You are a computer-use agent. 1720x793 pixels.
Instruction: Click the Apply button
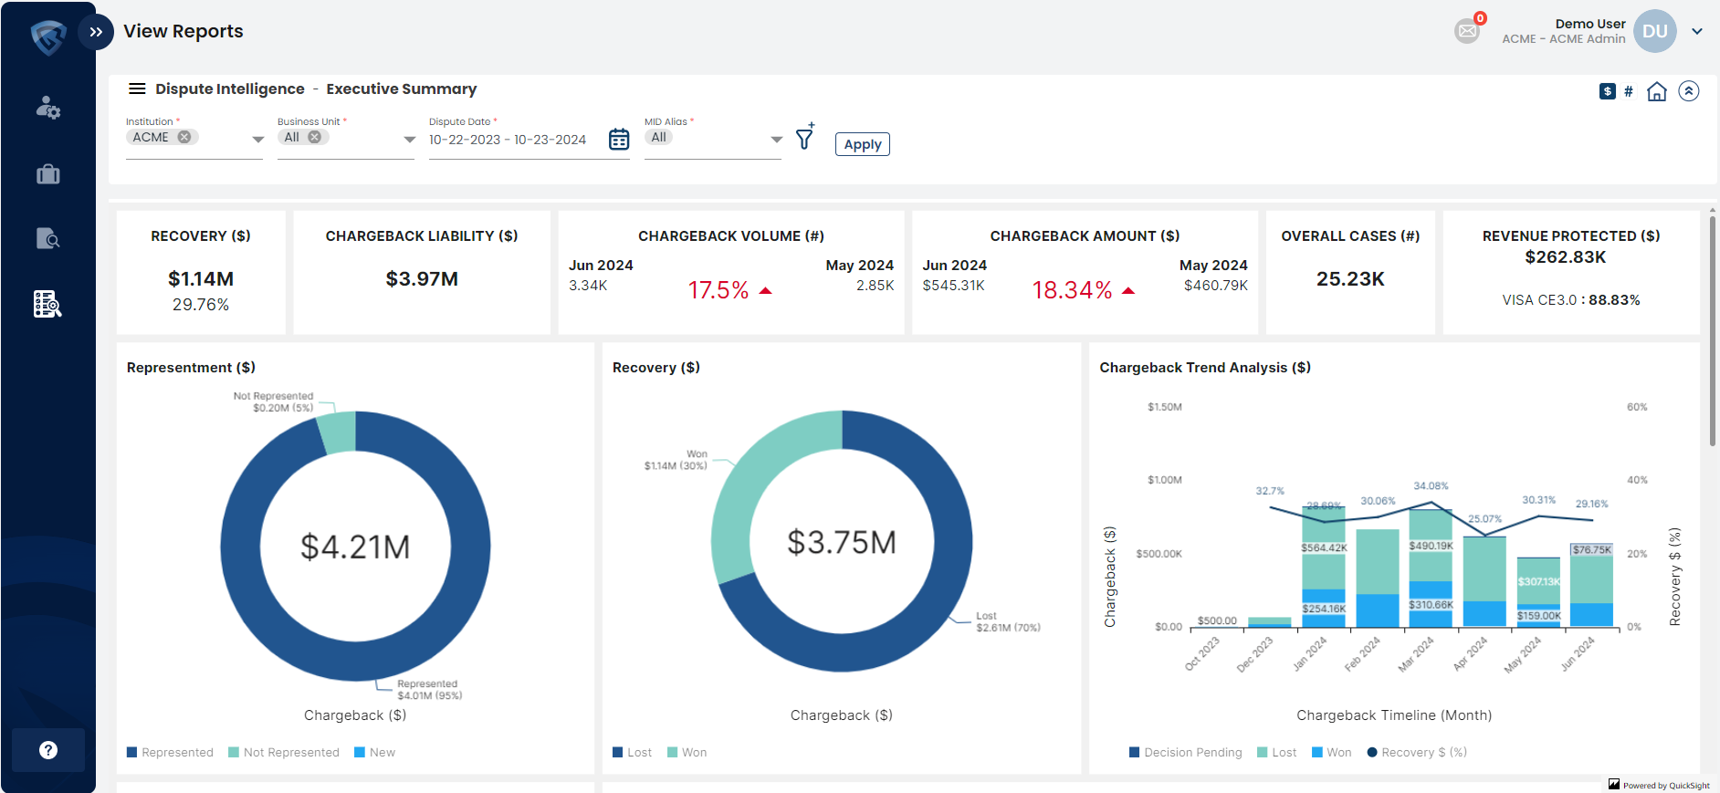pyautogui.click(x=862, y=144)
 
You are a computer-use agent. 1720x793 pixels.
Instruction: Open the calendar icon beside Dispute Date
pyautogui.click(x=619, y=140)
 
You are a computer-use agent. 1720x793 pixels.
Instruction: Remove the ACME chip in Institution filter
pyautogui.click(x=184, y=137)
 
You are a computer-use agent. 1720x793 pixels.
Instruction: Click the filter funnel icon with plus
pyautogui.click(x=804, y=138)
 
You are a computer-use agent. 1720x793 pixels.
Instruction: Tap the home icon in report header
pyautogui.click(x=1656, y=91)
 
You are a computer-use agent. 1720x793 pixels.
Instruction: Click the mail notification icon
pyautogui.click(x=1466, y=31)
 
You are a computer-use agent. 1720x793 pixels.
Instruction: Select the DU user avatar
pyautogui.click(x=1654, y=31)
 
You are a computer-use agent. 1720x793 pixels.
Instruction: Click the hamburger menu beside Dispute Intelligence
pyautogui.click(x=137, y=89)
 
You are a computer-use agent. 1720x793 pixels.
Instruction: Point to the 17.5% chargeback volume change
pyautogui.click(x=718, y=290)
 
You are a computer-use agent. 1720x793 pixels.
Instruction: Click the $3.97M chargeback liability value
pyautogui.click(x=422, y=279)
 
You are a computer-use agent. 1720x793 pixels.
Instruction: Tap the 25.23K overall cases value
pyautogui.click(x=1349, y=279)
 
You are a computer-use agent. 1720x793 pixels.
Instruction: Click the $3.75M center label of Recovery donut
pyautogui.click(x=841, y=542)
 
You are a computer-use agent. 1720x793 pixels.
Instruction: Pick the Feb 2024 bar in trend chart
pyautogui.click(x=1377, y=577)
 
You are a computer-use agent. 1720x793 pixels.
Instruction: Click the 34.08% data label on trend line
pyautogui.click(x=1431, y=486)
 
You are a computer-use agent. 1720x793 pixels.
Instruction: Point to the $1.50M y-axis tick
pyautogui.click(x=1164, y=407)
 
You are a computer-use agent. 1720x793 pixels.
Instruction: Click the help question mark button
pyautogui.click(x=48, y=750)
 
